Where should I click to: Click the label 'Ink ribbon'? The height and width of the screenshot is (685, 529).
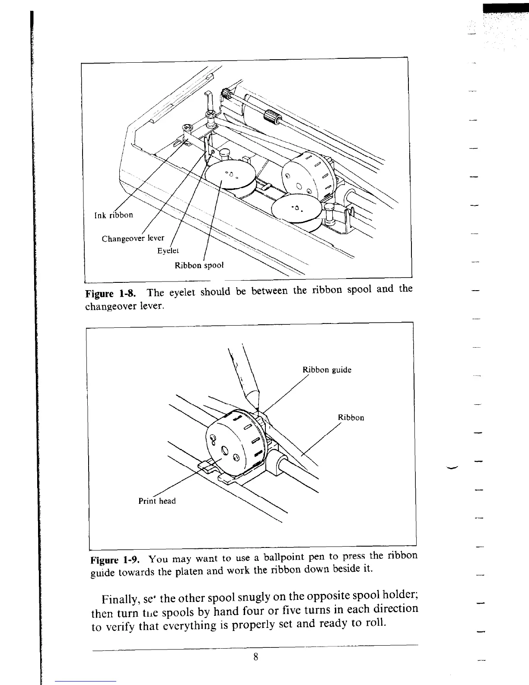click(113, 215)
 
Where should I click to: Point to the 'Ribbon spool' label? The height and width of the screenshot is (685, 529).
click(199, 265)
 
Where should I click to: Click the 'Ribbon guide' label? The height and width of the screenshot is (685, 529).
click(327, 370)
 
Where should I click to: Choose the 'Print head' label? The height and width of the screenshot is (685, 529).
click(157, 501)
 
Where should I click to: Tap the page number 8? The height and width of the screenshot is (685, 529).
click(256, 657)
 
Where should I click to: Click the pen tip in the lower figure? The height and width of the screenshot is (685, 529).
click(257, 408)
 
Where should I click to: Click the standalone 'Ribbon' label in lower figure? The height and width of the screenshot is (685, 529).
click(351, 417)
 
